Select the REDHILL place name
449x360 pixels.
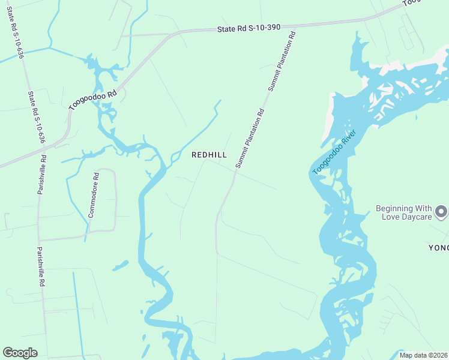click(x=209, y=155)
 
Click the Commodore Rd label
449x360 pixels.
click(x=93, y=195)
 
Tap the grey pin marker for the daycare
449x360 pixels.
click(x=441, y=212)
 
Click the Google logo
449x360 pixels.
click(x=20, y=353)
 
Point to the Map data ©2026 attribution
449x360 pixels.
click(x=423, y=355)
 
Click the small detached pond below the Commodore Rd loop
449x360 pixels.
click(x=120, y=265)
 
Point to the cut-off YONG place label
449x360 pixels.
click(x=438, y=248)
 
